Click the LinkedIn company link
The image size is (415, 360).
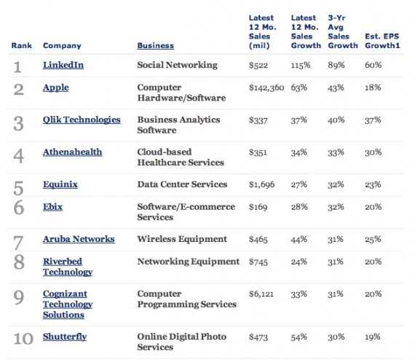tap(63, 65)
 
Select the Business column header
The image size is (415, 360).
tap(155, 46)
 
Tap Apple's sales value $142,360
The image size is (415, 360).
tap(266, 87)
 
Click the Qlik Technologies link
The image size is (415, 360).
tap(82, 120)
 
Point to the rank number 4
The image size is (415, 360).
tap(18, 156)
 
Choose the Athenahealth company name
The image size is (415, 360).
tap(72, 152)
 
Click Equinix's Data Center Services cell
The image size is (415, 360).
tap(182, 184)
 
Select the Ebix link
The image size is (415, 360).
tap(52, 207)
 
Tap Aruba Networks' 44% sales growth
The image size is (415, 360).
tap(299, 239)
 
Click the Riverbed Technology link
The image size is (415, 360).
tap(68, 267)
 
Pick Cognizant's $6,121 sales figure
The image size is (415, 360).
tap(261, 294)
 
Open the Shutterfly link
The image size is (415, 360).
tap(65, 337)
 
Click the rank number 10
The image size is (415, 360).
tap(23, 339)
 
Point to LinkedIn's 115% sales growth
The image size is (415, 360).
tap(301, 65)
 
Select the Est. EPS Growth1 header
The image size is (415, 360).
tap(382, 41)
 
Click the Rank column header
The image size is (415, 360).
tap(21, 46)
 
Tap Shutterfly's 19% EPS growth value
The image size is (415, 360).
tap(372, 337)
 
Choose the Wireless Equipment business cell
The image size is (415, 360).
tap(182, 239)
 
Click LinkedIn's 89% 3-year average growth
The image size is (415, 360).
tap(336, 65)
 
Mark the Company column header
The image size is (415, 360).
tap(62, 46)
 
